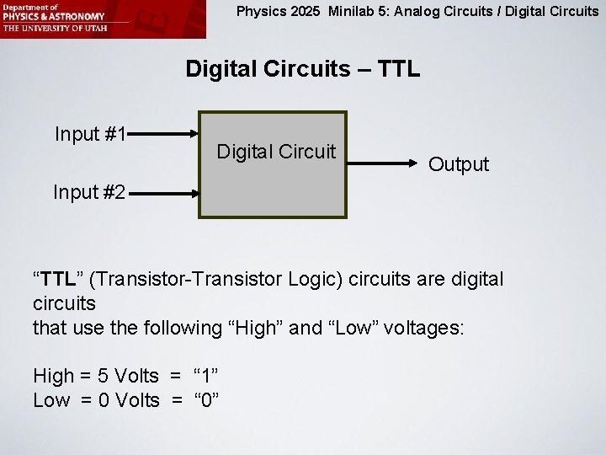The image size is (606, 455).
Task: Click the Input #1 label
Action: pyautogui.click(x=90, y=134)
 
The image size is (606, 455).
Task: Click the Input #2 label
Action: pyautogui.click(x=89, y=192)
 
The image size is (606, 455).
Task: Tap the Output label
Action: pyautogui.click(x=458, y=164)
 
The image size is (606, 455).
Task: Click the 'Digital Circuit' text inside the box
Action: pyautogui.click(x=276, y=152)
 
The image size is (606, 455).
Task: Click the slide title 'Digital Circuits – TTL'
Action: pyautogui.click(x=302, y=68)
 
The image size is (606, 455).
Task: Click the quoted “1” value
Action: pyautogui.click(x=208, y=376)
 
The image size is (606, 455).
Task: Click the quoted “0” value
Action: pyautogui.click(x=207, y=400)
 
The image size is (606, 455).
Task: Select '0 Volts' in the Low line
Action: pyautogui.click(x=129, y=400)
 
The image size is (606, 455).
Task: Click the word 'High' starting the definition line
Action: pyautogui.click(x=53, y=376)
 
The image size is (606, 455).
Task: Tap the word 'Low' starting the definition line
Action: pyautogui.click(x=51, y=400)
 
